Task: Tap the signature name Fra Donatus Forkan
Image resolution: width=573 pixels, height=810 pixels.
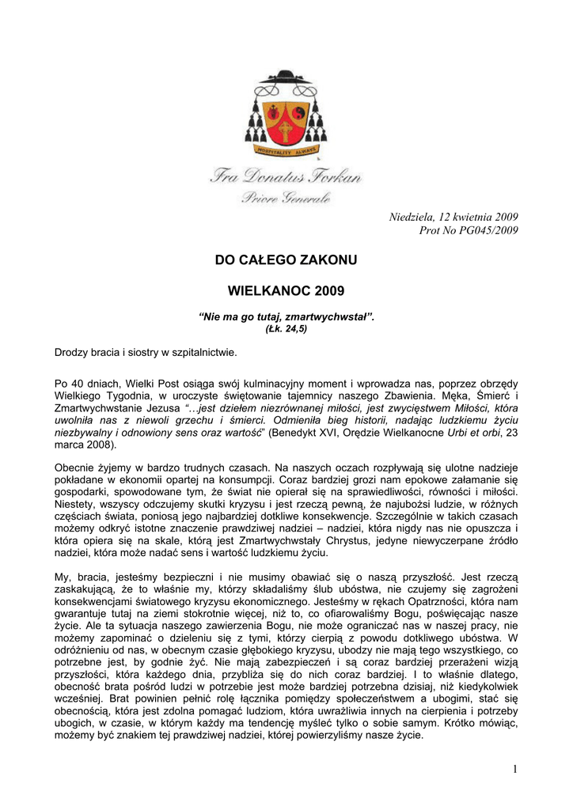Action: coord(286,176)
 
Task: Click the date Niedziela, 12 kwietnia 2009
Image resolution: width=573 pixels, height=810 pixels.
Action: coord(454,217)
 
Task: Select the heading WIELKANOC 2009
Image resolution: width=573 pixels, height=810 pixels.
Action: coord(286,291)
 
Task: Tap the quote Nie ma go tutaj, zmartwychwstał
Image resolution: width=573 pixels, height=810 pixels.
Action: coord(286,317)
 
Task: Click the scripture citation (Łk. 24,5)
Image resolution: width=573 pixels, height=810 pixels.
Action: coord(286,328)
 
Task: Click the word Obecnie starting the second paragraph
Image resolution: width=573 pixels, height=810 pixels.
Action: coord(76,468)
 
